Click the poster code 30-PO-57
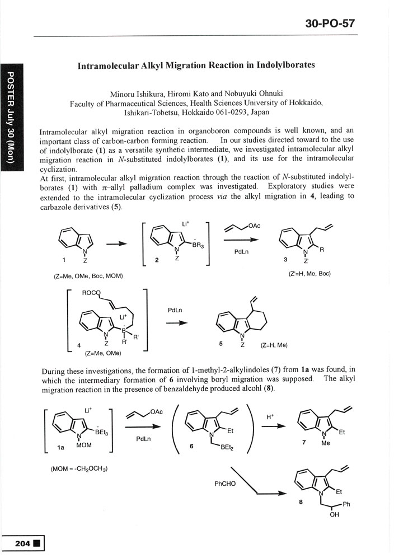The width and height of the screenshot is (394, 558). (330, 23)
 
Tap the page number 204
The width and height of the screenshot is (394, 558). (19, 543)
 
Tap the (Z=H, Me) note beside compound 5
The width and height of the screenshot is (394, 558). (274, 345)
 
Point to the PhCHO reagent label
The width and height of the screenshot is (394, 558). (225, 482)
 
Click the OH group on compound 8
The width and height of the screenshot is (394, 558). (334, 515)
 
